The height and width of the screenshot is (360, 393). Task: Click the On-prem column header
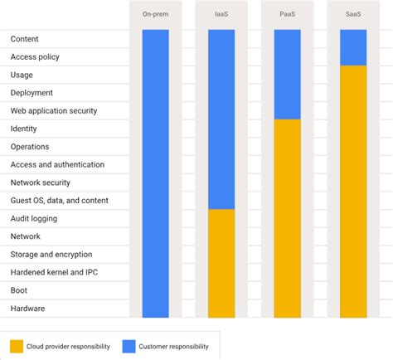[155, 14]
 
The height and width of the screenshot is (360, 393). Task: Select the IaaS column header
[221, 14]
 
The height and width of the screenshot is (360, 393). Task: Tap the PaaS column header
[288, 14]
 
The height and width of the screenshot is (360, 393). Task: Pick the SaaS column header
[353, 14]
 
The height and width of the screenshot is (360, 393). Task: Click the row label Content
[25, 39]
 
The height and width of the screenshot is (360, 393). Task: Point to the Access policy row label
[35, 57]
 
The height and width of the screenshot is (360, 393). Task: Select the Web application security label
[54, 111]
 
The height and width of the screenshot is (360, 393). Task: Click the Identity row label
[23, 129]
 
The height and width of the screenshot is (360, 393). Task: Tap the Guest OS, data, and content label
[59, 201]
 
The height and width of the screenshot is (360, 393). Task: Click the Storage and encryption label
[51, 255]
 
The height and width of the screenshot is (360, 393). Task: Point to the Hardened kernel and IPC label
[56, 272]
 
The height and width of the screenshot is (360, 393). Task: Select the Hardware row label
[27, 309]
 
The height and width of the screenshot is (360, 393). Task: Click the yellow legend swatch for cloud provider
[17, 346]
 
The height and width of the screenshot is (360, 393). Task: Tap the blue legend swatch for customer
[129, 346]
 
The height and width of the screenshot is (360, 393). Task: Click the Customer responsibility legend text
[175, 347]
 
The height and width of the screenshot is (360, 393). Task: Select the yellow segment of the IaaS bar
[221, 263]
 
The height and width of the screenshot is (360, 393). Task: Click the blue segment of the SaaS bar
[353, 47]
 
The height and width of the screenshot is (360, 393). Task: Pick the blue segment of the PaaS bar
[288, 75]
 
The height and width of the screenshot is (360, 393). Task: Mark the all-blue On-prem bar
[155, 174]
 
